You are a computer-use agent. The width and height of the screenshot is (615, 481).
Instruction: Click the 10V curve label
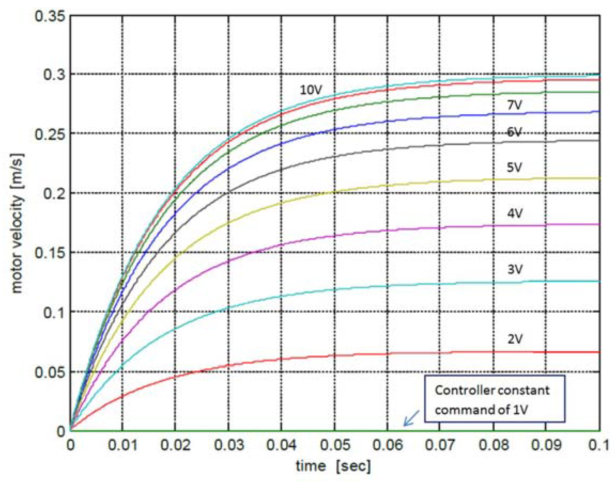311,90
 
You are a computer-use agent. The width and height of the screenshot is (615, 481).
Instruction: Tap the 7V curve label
514,105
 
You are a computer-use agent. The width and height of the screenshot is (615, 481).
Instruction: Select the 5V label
514,168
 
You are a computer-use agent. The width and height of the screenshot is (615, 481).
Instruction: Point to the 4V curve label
515,214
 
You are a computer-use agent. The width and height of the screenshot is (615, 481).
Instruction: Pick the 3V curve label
515,270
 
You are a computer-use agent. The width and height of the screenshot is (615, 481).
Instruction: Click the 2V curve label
515,340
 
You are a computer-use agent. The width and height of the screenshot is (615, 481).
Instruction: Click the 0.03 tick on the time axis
229,445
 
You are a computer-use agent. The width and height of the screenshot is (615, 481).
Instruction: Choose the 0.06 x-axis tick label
388,445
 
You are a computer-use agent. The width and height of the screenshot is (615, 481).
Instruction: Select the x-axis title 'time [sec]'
333,466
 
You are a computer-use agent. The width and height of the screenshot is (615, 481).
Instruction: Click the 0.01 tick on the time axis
123,445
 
